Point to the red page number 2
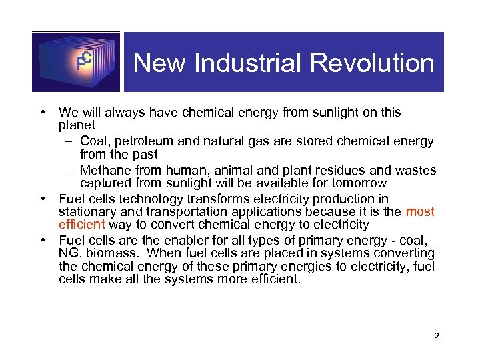tap(436, 336)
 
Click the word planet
tap(77, 125)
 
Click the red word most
tap(420, 211)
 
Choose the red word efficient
tap(82, 224)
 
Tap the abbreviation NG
tap(67, 253)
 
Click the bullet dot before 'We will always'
tap(41, 113)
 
